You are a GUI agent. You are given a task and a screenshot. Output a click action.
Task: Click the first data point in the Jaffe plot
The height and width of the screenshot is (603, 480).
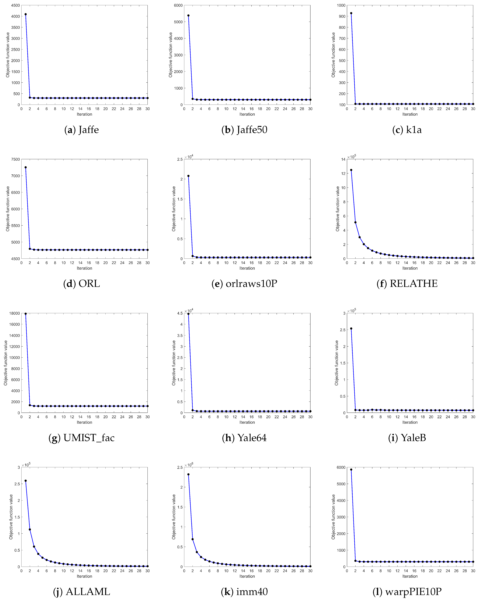[26, 14]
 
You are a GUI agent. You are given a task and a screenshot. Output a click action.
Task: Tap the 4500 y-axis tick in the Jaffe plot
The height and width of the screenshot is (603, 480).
[16, 5]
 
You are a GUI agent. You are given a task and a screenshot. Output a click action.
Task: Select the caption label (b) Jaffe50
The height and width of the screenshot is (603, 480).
[244, 130]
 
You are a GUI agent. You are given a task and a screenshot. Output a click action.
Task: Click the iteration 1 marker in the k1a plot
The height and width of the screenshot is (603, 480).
[351, 13]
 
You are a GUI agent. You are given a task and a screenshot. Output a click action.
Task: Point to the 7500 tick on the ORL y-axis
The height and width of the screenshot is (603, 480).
[16, 159]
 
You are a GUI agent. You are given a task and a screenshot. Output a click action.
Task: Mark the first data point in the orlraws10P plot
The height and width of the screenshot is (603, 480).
[188, 176]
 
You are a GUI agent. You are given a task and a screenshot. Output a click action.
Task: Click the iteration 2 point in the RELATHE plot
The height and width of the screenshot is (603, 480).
[355, 222]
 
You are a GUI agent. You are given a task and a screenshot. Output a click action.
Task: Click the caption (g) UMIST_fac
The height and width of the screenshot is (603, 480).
[81, 438]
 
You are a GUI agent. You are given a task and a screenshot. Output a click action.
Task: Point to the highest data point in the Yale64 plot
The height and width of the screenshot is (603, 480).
[188, 314]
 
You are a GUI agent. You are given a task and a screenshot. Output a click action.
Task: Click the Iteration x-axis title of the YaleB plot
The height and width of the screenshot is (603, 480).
[410, 422]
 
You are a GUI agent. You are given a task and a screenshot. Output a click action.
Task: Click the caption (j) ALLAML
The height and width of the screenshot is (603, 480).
[81, 592]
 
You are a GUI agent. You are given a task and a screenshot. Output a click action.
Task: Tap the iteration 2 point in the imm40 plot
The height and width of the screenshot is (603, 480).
[192, 539]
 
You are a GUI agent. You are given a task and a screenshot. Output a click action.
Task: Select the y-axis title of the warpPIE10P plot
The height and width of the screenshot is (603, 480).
[333, 517]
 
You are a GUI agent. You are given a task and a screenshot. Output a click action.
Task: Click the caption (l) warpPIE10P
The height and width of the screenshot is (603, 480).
[407, 592]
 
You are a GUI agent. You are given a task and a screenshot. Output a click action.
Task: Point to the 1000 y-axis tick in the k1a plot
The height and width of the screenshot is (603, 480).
[341, 5]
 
